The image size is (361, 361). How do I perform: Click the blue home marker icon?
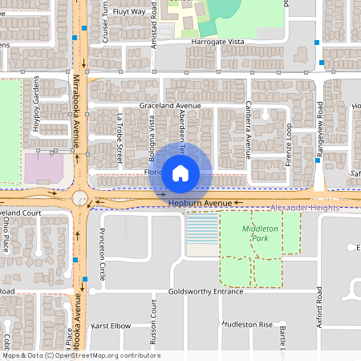pyautogui.click(x=180, y=172)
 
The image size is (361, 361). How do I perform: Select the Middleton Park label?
pyautogui.click(x=260, y=233)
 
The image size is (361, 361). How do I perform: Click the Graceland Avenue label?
pyautogui.click(x=168, y=106)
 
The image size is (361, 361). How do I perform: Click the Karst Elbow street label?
pyautogui.click(x=111, y=327)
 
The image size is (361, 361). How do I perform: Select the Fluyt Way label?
pyautogui.click(x=129, y=12)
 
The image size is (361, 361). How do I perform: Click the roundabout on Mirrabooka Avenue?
pyautogui.click(x=80, y=198)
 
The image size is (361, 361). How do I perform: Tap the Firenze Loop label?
pyautogui.click(x=287, y=145)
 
